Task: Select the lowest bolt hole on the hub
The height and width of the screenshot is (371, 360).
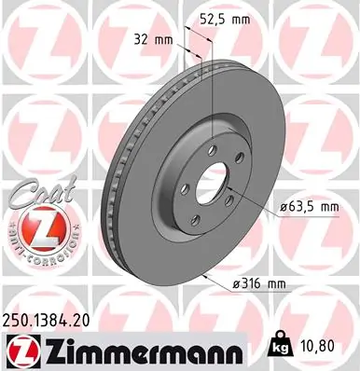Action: pos(196,219)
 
